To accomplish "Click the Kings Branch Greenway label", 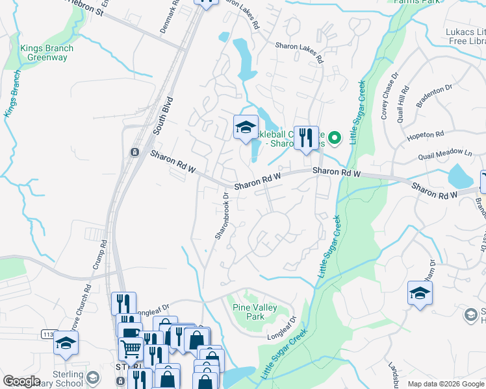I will (46, 53).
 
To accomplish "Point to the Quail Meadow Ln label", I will (445, 155).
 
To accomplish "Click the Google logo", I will (21, 381).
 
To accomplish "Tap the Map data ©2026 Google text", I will (446, 384).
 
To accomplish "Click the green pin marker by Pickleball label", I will (335, 137).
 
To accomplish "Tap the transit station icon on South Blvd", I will (134, 152).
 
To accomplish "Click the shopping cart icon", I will (131, 348).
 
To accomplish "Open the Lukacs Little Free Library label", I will (459, 36).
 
